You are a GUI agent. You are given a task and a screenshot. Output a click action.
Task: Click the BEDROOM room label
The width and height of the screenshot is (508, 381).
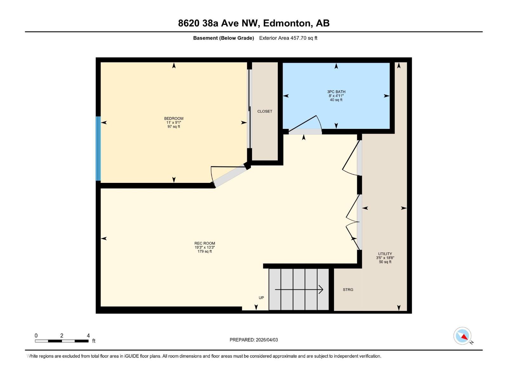[x=174, y=118]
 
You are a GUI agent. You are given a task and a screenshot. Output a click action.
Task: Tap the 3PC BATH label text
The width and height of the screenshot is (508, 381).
[x=336, y=92]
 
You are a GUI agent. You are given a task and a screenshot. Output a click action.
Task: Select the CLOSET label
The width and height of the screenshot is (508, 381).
[x=264, y=111]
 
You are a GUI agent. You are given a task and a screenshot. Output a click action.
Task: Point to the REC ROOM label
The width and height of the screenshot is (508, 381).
[x=204, y=243]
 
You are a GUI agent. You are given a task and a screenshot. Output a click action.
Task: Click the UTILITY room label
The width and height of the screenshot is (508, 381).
[x=385, y=254]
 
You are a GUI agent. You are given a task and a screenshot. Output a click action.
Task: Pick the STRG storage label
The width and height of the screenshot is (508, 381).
[x=348, y=290]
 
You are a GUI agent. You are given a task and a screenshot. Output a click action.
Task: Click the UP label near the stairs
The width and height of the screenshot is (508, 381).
[x=261, y=298]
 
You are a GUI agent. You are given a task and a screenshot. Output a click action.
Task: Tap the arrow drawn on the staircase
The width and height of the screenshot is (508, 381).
[x=299, y=290]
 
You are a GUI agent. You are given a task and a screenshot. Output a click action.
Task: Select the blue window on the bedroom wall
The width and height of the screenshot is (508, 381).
[x=98, y=149]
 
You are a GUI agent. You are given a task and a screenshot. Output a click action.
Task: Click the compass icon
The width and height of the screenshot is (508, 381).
[x=463, y=336]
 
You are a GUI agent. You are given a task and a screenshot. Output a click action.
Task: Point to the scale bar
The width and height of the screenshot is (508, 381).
[x=62, y=341]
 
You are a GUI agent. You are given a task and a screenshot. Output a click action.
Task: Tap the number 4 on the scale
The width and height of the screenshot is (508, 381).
[x=88, y=336]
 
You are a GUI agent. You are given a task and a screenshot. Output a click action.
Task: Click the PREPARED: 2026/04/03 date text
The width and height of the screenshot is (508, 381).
[x=254, y=340]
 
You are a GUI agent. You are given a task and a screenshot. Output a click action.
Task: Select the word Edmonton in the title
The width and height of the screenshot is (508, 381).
[x=287, y=23]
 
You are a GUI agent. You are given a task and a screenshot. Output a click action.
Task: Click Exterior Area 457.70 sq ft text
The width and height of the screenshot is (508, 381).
[x=288, y=38]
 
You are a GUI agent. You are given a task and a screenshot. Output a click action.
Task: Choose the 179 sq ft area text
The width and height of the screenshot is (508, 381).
[x=204, y=251]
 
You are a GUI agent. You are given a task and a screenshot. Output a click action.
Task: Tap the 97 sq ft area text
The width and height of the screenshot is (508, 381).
[x=174, y=127]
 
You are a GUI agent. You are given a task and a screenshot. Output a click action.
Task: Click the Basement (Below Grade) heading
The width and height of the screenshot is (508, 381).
[x=224, y=38]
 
